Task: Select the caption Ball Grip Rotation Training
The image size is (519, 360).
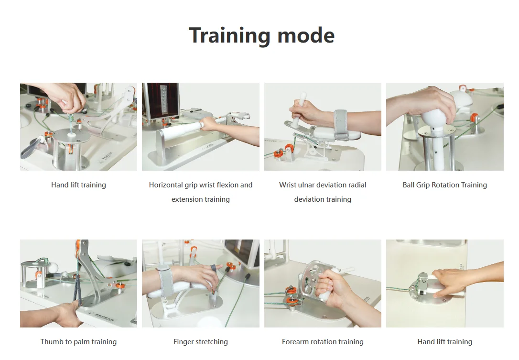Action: click(444, 185)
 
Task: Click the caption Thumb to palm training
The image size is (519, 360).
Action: click(78, 342)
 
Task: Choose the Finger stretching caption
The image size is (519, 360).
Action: click(200, 342)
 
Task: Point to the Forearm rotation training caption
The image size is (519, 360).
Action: click(323, 342)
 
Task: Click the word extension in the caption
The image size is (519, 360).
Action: click(187, 199)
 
